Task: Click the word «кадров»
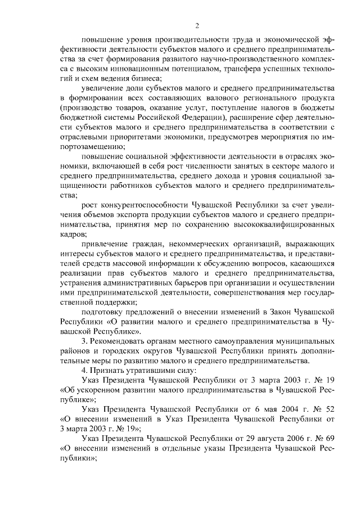(73, 233)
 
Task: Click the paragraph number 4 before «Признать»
(84, 370)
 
